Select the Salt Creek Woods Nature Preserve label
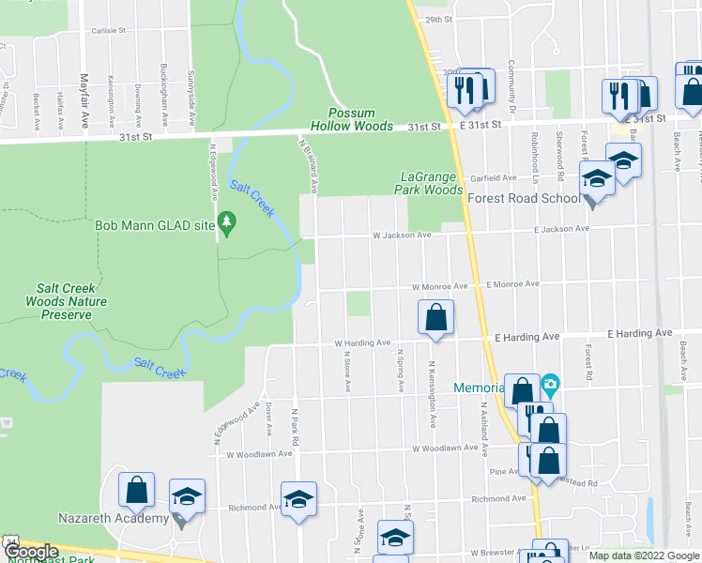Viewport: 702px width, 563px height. point(71,301)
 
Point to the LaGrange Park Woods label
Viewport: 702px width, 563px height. point(432,183)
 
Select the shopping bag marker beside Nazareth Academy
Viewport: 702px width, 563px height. point(137,489)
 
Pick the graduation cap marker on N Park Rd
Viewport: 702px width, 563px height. point(298,498)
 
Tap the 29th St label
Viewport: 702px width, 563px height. point(438,19)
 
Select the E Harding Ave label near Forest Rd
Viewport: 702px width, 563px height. point(640,333)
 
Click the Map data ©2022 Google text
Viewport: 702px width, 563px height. point(644,555)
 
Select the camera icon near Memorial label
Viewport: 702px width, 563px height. point(550,384)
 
